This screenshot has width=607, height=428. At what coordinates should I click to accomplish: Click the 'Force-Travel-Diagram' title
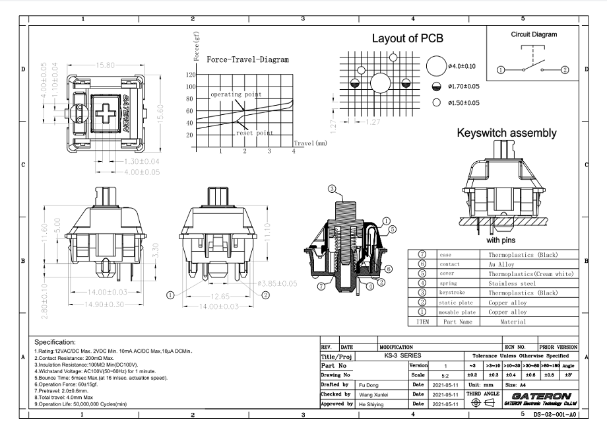point(247,59)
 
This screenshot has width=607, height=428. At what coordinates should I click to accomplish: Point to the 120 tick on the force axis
point(190,75)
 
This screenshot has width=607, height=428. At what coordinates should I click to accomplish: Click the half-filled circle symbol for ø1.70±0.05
point(435,86)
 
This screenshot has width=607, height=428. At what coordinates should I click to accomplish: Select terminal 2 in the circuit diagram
point(565,69)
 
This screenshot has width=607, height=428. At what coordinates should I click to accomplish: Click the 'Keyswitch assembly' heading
point(507,133)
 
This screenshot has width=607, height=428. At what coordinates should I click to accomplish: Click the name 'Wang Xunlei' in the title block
point(373,394)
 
